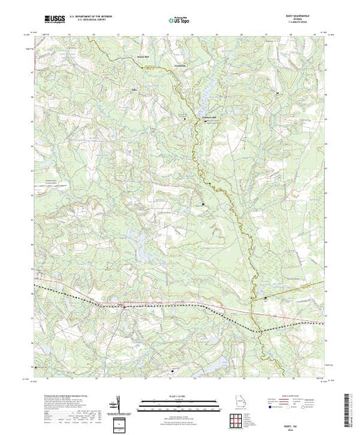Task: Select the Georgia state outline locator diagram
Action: [x=236, y=403]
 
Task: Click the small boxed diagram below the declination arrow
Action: [x=121, y=422]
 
